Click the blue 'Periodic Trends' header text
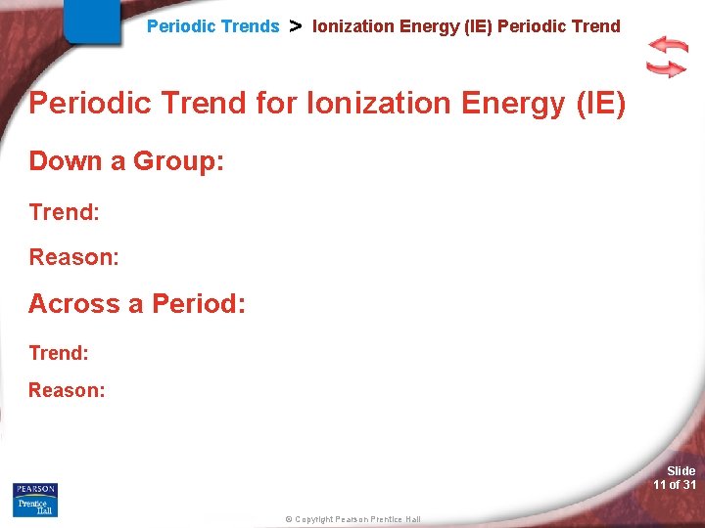click(212, 26)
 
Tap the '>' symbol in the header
click(295, 26)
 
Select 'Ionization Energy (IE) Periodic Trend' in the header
click(466, 26)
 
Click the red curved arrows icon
click(667, 57)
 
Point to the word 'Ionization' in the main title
click(363, 103)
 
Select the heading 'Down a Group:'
click(126, 161)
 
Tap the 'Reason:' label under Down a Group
click(73, 257)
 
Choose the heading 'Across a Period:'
click(137, 304)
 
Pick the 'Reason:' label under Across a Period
click(67, 390)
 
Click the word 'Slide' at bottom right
click(681, 471)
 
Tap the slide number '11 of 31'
click(675, 485)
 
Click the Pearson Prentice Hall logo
click(35, 500)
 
